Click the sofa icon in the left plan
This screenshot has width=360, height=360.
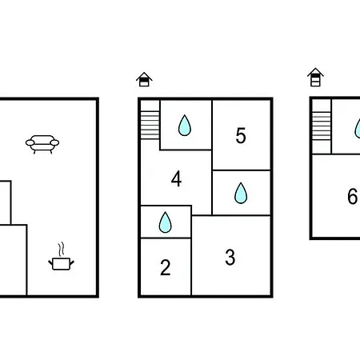pyautogui.click(x=42, y=144)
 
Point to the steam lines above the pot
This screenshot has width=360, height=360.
pyautogui.click(x=62, y=250)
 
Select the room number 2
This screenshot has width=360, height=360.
pyautogui.click(x=166, y=267)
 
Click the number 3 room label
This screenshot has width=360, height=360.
pyautogui.click(x=230, y=258)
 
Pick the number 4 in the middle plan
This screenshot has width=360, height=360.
pyautogui.click(x=176, y=178)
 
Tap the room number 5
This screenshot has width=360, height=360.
pyautogui.click(x=241, y=135)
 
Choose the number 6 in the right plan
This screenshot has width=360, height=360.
pyautogui.click(x=353, y=196)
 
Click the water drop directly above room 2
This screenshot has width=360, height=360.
pyautogui.click(x=166, y=222)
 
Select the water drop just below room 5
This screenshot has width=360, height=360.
pyautogui.click(x=241, y=193)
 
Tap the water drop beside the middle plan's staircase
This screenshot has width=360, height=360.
pyautogui.click(x=185, y=126)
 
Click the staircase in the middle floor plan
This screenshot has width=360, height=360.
pyautogui.click(x=150, y=125)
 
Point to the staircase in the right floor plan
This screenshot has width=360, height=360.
pyautogui.click(x=322, y=126)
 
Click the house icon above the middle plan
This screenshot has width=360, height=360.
pyautogui.click(x=144, y=79)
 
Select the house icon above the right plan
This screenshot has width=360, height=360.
pyautogui.click(x=315, y=77)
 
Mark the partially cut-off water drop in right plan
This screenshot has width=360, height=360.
pyautogui.click(x=358, y=129)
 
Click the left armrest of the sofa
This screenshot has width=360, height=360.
pyautogui.click(x=30, y=143)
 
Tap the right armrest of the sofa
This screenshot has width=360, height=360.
pyautogui.click(x=54, y=143)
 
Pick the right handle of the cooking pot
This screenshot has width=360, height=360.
pyautogui.click(x=72, y=262)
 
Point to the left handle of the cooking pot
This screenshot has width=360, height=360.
pyautogui.click(x=50, y=262)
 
